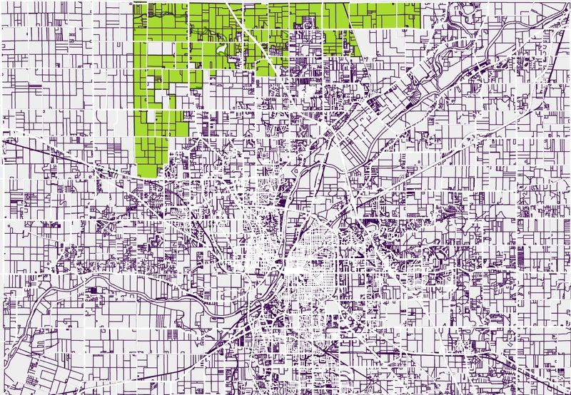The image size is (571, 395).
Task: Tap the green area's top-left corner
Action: point(135,4)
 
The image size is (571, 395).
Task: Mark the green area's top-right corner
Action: point(420,4)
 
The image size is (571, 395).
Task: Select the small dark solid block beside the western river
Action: point(93,291)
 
